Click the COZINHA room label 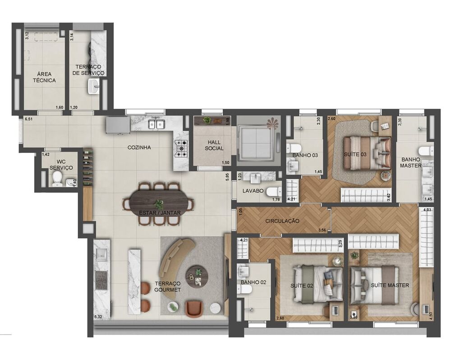click(139, 148)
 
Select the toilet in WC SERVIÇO click(57, 180)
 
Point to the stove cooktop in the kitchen click(181, 148)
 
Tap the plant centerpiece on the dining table click(158, 204)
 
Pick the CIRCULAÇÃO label click(282, 221)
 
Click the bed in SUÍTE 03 click(366, 152)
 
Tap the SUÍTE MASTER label click(390, 285)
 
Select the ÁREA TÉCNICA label click(44, 77)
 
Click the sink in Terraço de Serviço click(94, 86)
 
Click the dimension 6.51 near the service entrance click(29, 120)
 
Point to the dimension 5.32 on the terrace click(98, 317)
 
